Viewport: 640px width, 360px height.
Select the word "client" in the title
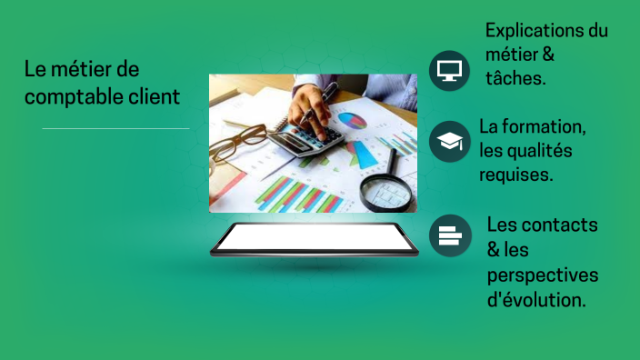[x=154, y=95]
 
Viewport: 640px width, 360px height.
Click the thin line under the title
[x=115, y=129]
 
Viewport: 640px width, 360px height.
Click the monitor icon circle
[x=449, y=70]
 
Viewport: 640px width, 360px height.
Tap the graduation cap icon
[x=449, y=141]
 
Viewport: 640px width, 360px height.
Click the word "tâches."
[x=515, y=79]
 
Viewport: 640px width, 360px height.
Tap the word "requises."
[x=516, y=174]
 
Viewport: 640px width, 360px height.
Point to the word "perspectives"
[x=544, y=274]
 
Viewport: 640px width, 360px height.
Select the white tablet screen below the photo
[x=314, y=238]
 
